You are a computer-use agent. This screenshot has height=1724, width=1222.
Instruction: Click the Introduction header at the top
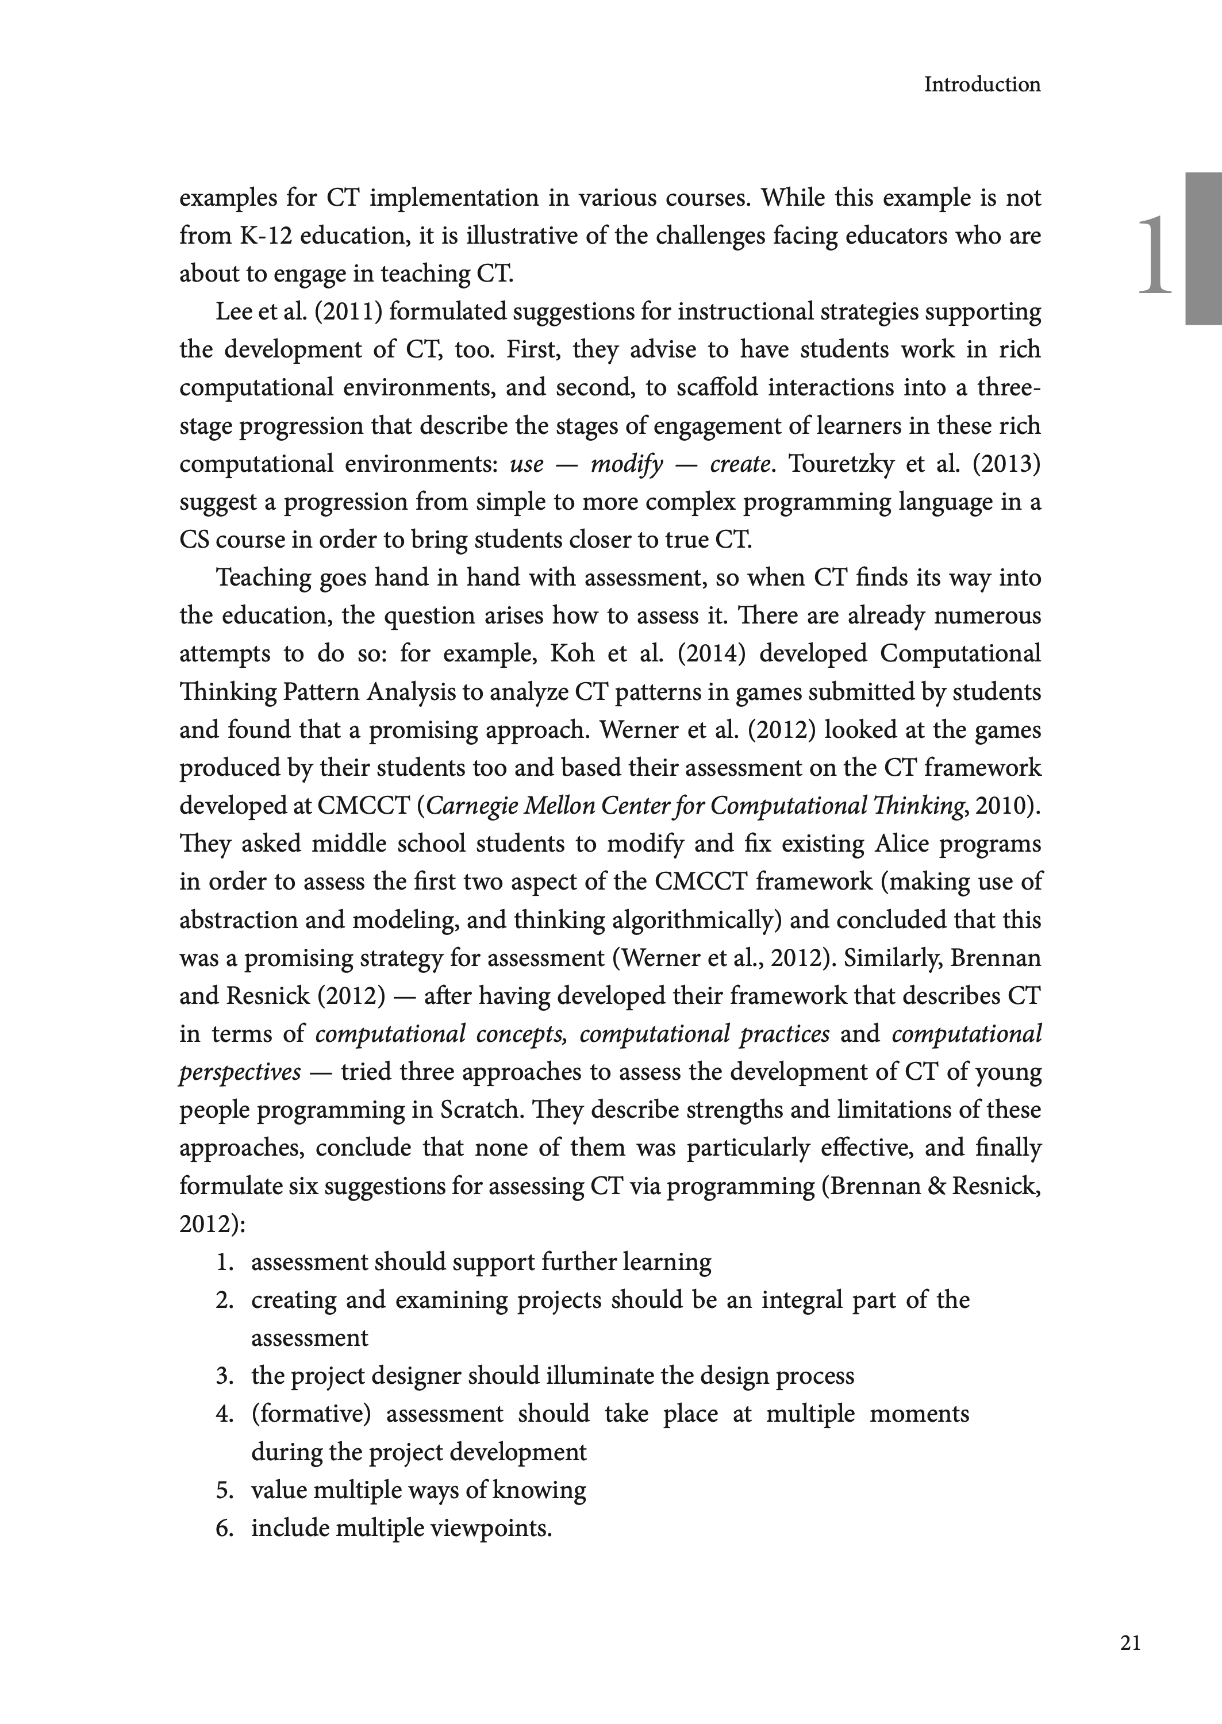click(x=982, y=85)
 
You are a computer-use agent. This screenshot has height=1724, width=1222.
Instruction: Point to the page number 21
click(x=1130, y=1643)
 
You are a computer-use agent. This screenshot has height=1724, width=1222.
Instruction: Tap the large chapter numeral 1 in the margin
click(x=1155, y=256)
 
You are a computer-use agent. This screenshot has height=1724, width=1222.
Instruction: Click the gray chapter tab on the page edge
click(x=1203, y=248)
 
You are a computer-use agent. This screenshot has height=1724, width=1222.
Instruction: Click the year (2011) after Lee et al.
click(x=348, y=312)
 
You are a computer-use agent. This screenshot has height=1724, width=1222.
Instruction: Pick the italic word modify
click(x=626, y=464)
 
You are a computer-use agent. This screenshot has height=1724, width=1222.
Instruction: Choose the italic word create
click(x=740, y=464)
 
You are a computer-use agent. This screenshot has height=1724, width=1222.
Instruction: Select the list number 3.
click(x=224, y=1376)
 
